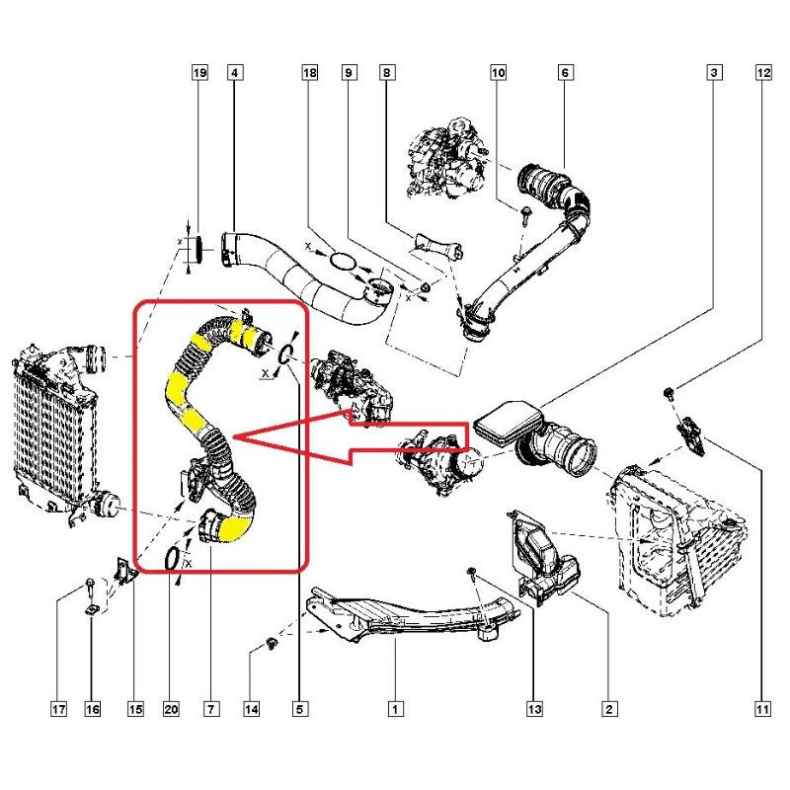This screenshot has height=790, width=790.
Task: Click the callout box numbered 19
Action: point(200,72)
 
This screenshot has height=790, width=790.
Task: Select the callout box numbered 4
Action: point(234,72)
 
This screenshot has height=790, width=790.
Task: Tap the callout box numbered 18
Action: point(310,72)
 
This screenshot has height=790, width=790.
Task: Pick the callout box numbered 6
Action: point(565,72)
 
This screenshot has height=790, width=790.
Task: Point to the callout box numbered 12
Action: point(763,72)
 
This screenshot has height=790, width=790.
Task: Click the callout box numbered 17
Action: point(58,709)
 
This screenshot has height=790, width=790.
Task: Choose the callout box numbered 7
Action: point(211,709)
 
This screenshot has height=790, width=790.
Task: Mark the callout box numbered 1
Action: point(396,709)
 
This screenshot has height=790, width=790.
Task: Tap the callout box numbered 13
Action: point(534,709)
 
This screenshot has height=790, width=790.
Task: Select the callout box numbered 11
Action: point(762,709)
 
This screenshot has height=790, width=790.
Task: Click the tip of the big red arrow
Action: point(233,436)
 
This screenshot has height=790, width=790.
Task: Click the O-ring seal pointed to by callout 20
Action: point(172,559)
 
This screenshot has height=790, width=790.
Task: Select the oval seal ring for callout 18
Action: point(343,261)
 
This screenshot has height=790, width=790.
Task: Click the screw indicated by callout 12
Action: point(670,393)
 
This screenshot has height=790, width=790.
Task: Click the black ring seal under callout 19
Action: point(199,249)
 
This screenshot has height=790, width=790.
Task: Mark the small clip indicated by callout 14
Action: point(272,643)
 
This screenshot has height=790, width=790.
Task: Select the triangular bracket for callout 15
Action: point(125,571)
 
